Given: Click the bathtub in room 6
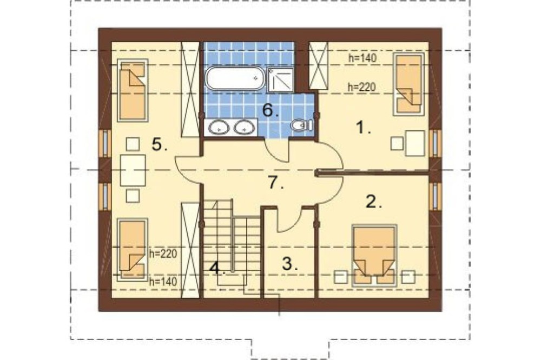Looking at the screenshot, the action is coord(235,78).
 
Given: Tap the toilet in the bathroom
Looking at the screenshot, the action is coord(302,125).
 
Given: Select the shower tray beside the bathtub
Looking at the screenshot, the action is coord(280,81).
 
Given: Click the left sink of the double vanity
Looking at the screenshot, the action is coord(219,127).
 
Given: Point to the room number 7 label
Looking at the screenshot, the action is coord(276,182).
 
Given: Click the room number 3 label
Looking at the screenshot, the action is coord(290,264).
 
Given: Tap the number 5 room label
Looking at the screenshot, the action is coord(160,144).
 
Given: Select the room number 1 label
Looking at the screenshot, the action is coord(363,128).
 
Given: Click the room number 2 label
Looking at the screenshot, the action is coord(374,202).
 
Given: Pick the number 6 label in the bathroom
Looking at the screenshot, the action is coord(270,110).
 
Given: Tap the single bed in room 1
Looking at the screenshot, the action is coord(409,84).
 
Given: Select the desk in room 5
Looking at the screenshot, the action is coord(133,170).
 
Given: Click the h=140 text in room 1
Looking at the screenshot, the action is coord(362,58).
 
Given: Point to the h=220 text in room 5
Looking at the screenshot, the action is coord(163,254).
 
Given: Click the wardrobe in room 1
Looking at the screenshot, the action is coord(318,66).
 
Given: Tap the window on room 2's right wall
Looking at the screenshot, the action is coord(436,195).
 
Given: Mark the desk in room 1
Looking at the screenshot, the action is coord(415,143).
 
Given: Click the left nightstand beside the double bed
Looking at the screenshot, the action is coord(341,277).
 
